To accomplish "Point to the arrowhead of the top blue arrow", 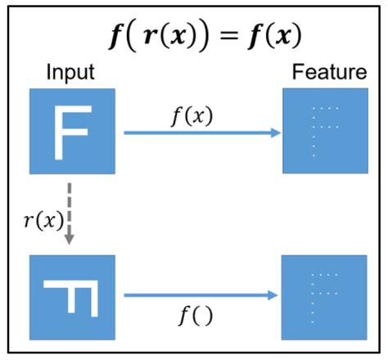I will [x=276, y=130].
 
